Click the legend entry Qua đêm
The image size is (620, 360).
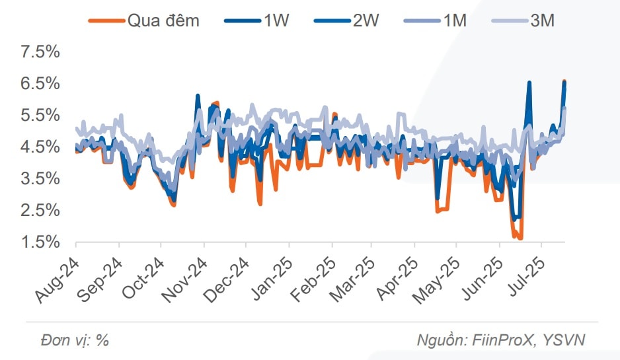click(163, 20)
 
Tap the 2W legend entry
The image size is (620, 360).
click(366, 20)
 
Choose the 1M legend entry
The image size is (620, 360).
click(454, 20)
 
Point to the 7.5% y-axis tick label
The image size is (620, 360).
click(40, 52)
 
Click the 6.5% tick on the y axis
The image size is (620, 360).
click(40, 84)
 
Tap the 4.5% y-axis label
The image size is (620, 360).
click(40, 147)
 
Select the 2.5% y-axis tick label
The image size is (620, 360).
click(40, 211)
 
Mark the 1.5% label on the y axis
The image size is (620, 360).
click(40, 242)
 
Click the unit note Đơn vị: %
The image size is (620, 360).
click(74, 340)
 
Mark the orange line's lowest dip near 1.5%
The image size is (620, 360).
click(520, 238)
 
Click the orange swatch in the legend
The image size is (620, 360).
click(106, 20)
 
